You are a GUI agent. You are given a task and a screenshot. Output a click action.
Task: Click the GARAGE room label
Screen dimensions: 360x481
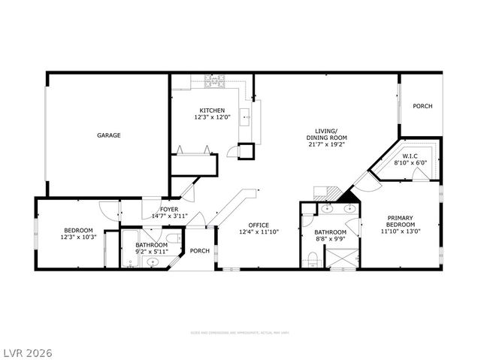108,135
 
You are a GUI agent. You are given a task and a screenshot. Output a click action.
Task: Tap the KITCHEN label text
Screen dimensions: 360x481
212,110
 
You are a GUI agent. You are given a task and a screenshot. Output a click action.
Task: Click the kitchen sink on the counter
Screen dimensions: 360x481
245,117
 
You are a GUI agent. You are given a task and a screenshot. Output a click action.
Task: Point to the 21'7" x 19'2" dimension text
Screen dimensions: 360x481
325,145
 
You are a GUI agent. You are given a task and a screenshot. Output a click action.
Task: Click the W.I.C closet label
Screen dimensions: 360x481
410,156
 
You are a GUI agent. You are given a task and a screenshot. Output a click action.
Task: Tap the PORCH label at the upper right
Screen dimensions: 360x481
422,106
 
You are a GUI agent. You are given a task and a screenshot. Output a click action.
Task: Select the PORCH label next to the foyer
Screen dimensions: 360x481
199,251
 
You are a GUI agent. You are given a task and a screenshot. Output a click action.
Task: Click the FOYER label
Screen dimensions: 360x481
169,210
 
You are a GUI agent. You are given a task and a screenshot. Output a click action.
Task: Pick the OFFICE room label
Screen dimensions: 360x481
259,225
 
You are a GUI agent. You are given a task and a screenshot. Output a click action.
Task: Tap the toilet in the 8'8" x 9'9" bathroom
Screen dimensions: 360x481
313,260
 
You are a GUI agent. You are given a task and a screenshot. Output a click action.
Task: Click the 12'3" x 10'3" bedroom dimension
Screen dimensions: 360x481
77,237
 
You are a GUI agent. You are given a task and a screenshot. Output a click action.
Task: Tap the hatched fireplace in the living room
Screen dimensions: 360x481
350,198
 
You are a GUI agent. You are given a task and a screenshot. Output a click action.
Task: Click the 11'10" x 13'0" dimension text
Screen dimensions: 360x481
399,231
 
